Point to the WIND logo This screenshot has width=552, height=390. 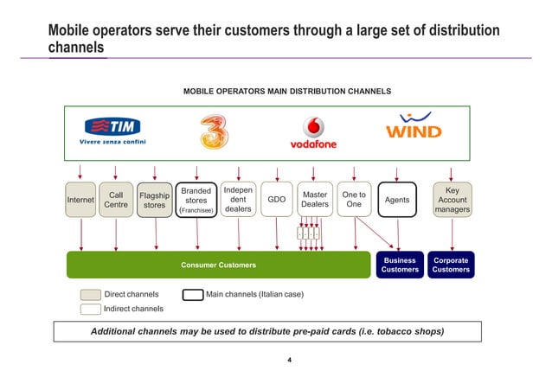tap(413, 129)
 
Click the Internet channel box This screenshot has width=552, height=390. tap(80, 200)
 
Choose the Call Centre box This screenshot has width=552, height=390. tap(116, 200)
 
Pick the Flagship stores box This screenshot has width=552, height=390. tap(154, 200)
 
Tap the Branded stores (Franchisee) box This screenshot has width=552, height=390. tap(196, 200)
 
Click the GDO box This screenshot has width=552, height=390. tap(277, 200)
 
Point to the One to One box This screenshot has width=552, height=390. tap(353, 200)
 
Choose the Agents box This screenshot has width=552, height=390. tap(397, 200)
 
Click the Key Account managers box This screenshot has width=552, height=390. tap(453, 200)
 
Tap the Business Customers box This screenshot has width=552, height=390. tap(400, 265)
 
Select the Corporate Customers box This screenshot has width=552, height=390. tap(452, 265)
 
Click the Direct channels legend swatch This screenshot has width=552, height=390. tap(90, 295)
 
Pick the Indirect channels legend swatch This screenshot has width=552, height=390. tap(90, 309)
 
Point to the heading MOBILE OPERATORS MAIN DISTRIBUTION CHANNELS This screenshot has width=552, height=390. tap(286, 91)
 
